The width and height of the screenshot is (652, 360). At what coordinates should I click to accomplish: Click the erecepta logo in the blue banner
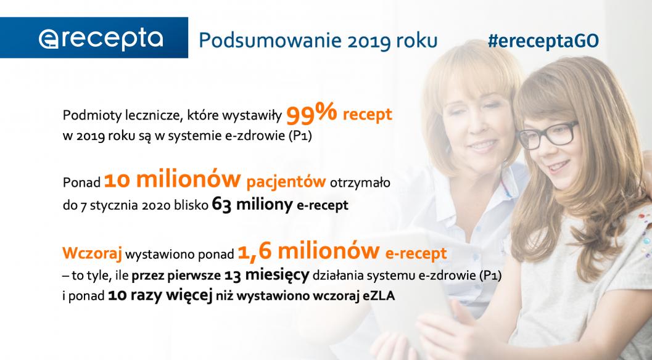pos(101,38)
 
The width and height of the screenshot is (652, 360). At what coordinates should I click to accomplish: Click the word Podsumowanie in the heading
pos(259,39)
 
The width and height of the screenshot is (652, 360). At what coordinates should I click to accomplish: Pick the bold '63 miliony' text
pos(251,205)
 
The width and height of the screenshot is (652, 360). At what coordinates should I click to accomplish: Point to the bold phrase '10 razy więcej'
pos(160,297)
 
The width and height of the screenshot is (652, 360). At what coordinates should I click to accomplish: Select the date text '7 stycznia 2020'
pos(117,206)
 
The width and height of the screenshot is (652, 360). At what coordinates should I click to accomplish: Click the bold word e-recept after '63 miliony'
pos(322,206)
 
